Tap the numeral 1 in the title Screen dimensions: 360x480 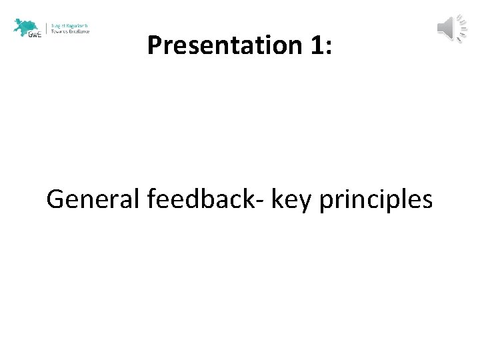click(313, 45)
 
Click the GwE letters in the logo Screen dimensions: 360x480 click(35, 35)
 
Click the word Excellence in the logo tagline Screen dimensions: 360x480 click(78, 31)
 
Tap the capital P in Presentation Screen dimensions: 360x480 click(155, 45)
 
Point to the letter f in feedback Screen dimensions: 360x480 click(149, 198)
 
